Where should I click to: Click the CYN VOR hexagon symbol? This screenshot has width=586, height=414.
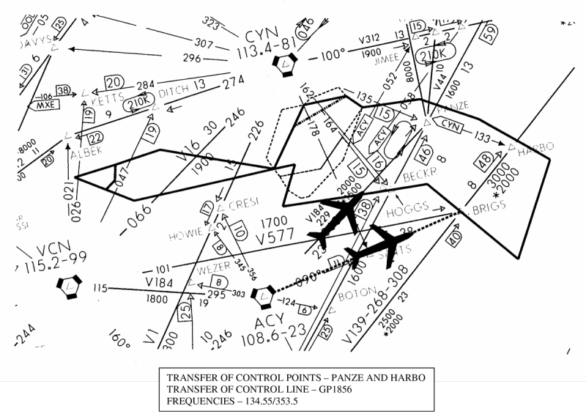[x=284, y=67]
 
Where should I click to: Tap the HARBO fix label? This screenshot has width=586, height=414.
[x=536, y=152]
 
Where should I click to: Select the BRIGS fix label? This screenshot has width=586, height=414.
[x=489, y=210]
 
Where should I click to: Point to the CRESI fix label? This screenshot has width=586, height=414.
[x=245, y=205]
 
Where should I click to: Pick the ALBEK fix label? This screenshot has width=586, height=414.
[x=87, y=153]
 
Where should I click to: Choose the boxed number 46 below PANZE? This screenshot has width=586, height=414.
[x=425, y=153]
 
